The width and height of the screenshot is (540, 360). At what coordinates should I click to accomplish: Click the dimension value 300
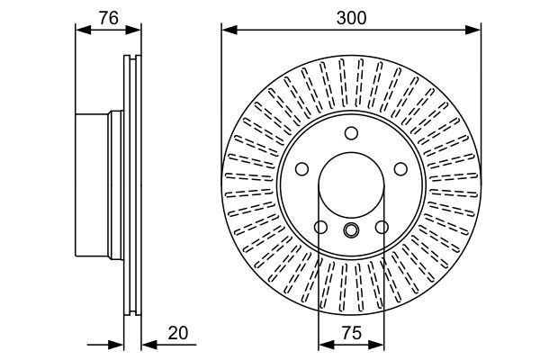coord(351,16)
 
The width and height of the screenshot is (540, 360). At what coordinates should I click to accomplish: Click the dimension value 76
coord(108,16)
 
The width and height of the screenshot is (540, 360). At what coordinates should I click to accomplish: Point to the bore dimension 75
coord(352,333)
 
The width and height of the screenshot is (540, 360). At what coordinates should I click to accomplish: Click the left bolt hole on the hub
coord(301,168)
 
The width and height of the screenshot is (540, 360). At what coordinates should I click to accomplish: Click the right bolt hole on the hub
coord(400,168)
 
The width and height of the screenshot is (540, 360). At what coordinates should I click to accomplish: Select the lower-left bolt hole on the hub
coord(320,227)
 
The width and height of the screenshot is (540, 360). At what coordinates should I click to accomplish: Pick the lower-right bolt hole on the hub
coord(382,227)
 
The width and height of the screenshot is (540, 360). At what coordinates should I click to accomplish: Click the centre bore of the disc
coord(351,184)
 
